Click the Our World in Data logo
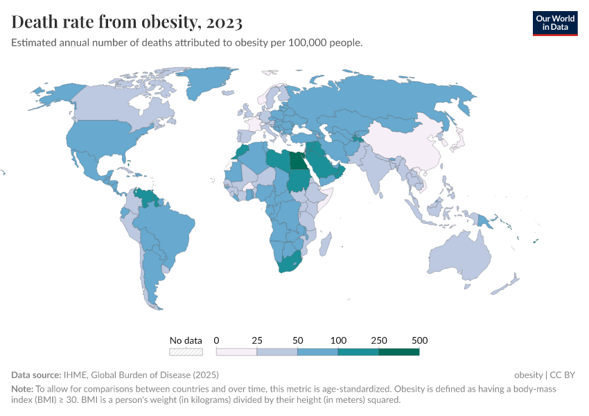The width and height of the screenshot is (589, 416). (555, 23)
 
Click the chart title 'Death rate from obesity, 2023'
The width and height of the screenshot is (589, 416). (127, 23)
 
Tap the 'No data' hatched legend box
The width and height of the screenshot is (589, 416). (186, 352)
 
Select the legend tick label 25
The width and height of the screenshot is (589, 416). (257, 340)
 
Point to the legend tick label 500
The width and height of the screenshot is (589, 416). (419, 340)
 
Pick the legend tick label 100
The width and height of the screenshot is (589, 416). (338, 340)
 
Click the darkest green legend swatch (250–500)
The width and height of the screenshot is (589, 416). (399, 352)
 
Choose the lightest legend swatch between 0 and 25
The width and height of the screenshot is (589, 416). (236, 352)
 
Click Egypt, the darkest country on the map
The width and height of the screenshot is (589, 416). (297, 162)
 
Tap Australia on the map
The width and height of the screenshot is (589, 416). (460, 254)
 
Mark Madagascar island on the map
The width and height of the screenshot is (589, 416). (326, 243)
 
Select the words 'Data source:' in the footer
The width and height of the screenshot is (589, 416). (37, 375)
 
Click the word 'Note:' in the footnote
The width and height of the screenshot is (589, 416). (24, 390)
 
